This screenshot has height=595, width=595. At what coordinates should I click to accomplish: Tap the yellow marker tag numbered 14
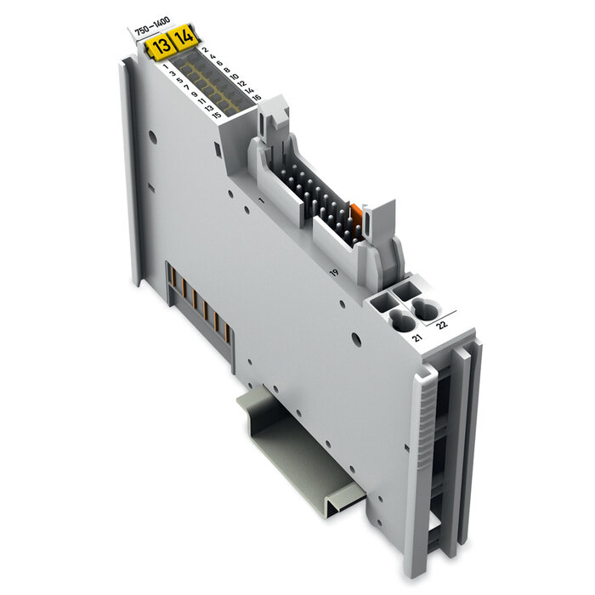tap(183, 38)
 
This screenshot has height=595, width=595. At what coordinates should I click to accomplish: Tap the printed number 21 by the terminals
tap(416, 339)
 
